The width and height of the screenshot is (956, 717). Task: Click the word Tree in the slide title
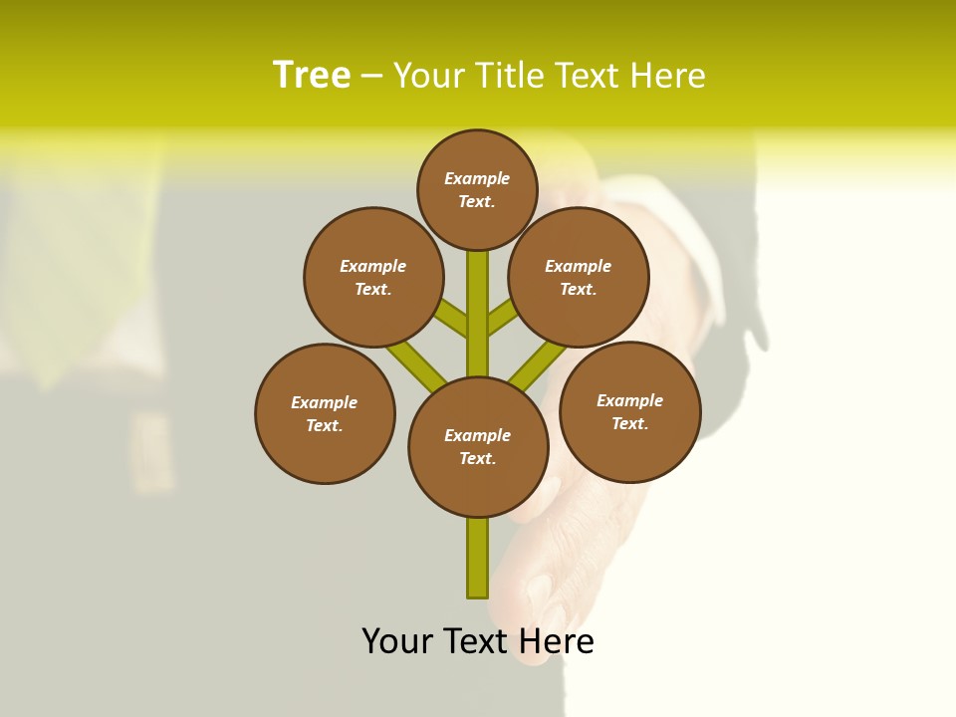point(312,76)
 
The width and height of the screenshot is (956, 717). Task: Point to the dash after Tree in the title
point(371,77)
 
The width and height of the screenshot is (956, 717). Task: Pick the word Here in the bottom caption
point(557,641)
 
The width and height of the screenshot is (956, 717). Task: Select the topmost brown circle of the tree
point(477,189)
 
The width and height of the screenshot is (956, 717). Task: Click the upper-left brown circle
point(372,277)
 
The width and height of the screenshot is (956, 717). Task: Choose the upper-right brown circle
point(579,277)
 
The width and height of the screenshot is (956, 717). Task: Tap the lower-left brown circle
point(325,413)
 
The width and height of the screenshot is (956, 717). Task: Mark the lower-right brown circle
point(629,411)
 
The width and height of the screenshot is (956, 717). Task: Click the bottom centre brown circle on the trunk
point(478,447)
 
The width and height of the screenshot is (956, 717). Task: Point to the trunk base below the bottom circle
point(478,558)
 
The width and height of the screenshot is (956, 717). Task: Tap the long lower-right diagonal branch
point(539,364)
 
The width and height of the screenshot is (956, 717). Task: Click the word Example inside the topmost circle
point(477,178)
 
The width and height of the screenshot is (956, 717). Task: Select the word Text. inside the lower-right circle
point(629,423)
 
